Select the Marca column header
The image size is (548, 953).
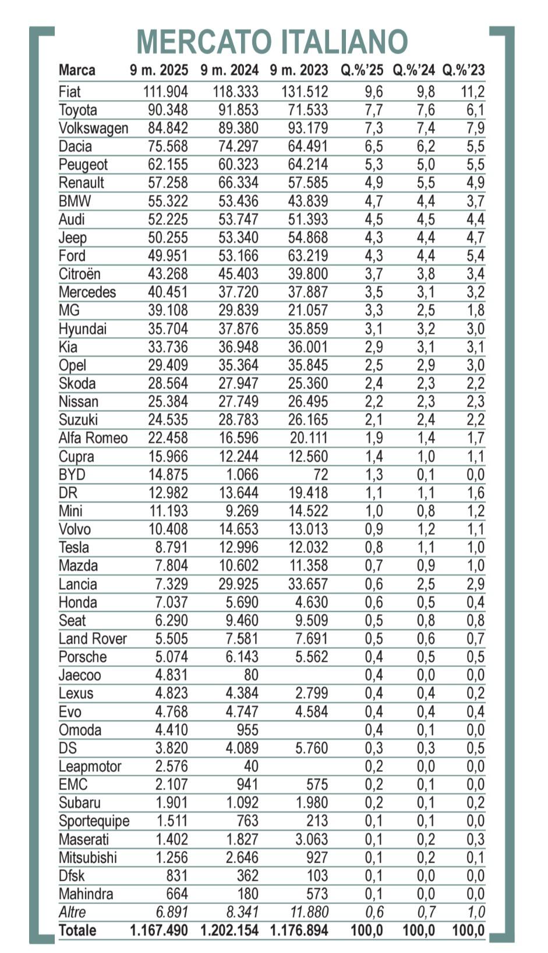pyautogui.click(x=77, y=70)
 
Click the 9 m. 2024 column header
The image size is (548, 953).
pyautogui.click(x=229, y=70)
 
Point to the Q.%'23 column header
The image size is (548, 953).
pyautogui.click(x=463, y=70)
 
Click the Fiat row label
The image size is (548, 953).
pyautogui.click(x=69, y=92)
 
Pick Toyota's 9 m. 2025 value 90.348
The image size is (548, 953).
pyautogui.click(x=168, y=110)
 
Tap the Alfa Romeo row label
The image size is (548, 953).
pyautogui.click(x=93, y=438)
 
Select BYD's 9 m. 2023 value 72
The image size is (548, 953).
pyautogui.click(x=320, y=475)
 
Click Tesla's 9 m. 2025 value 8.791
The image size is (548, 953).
pyautogui.click(x=171, y=548)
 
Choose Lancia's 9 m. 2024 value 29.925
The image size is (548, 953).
pyautogui.click(x=238, y=584)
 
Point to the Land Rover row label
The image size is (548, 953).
pyautogui.click(x=92, y=639)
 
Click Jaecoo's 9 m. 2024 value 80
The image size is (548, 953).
pyautogui.click(x=251, y=675)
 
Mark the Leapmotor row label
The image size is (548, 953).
pyautogui.click(x=90, y=767)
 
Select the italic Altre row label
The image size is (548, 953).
pyautogui.click(x=72, y=912)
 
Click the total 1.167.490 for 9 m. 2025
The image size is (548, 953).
pyautogui.click(x=159, y=931)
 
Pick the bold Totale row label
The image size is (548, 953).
pyautogui.click(x=77, y=931)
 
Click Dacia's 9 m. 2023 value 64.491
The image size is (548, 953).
pyautogui.click(x=308, y=146)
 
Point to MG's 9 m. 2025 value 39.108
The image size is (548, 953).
pyautogui.click(x=168, y=310)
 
